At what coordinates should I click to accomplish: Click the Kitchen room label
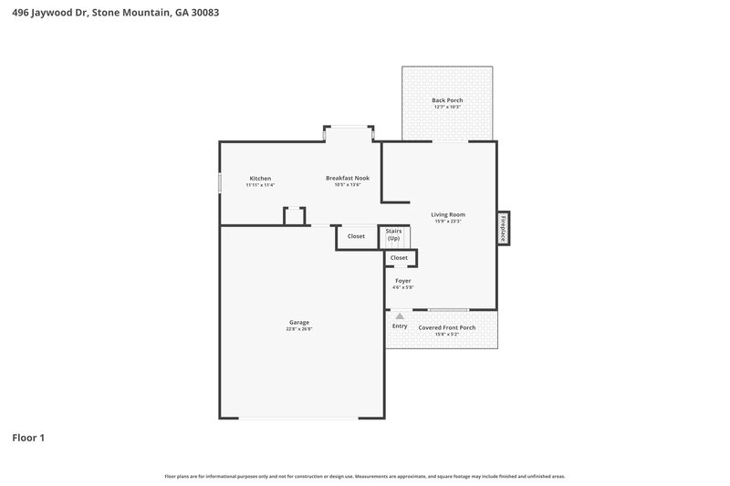pyautogui.click(x=260, y=178)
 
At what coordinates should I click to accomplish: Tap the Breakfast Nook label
pyautogui.click(x=347, y=178)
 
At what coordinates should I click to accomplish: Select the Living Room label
pyautogui.click(x=448, y=214)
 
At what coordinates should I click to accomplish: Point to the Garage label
pyautogui.click(x=298, y=322)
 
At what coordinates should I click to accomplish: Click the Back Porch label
pyautogui.click(x=447, y=100)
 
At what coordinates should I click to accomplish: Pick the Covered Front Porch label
pyautogui.click(x=447, y=327)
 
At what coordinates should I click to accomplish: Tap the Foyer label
pyautogui.click(x=402, y=281)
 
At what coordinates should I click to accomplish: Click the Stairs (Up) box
pyautogui.click(x=394, y=235)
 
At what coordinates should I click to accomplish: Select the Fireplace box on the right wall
pyautogui.click(x=502, y=228)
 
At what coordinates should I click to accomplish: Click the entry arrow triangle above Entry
pyautogui.click(x=399, y=316)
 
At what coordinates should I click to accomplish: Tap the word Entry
pyautogui.click(x=400, y=326)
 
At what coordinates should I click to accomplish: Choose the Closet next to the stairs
pyautogui.click(x=356, y=236)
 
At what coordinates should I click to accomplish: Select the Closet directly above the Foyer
pyautogui.click(x=400, y=258)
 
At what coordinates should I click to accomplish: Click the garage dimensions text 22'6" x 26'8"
pyautogui.click(x=298, y=329)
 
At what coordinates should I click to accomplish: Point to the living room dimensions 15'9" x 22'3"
pyautogui.click(x=448, y=222)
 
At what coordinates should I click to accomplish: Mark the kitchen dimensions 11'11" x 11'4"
pyautogui.click(x=260, y=185)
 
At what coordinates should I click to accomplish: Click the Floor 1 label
pyautogui.click(x=27, y=438)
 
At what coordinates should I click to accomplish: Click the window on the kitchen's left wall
pyautogui.click(x=219, y=182)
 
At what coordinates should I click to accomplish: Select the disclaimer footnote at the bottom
pyautogui.click(x=364, y=476)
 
